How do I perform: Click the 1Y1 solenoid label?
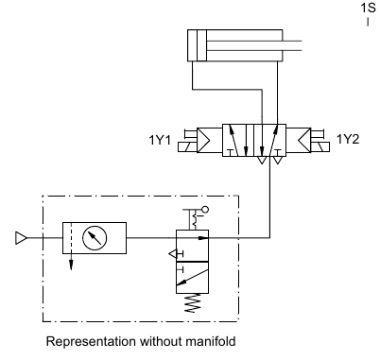coord(160,140)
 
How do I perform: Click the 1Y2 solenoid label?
coord(348,139)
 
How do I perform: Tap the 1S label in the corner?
coord(369,8)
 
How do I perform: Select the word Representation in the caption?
coord(92,342)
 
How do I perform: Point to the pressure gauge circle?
coord(95,238)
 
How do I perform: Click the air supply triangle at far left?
coord(21,238)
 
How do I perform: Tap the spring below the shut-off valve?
coord(193,303)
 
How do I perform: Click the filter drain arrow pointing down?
coord(71,262)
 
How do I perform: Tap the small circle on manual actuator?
coord(205,209)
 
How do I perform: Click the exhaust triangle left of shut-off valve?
coord(173,253)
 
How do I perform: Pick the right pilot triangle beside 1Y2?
coord(304,140)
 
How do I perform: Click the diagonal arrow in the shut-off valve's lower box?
coord(192,278)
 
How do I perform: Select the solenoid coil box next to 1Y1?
coord(187,147)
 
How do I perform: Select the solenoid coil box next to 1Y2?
coord(320,147)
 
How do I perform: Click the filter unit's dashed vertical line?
coord(71,238)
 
